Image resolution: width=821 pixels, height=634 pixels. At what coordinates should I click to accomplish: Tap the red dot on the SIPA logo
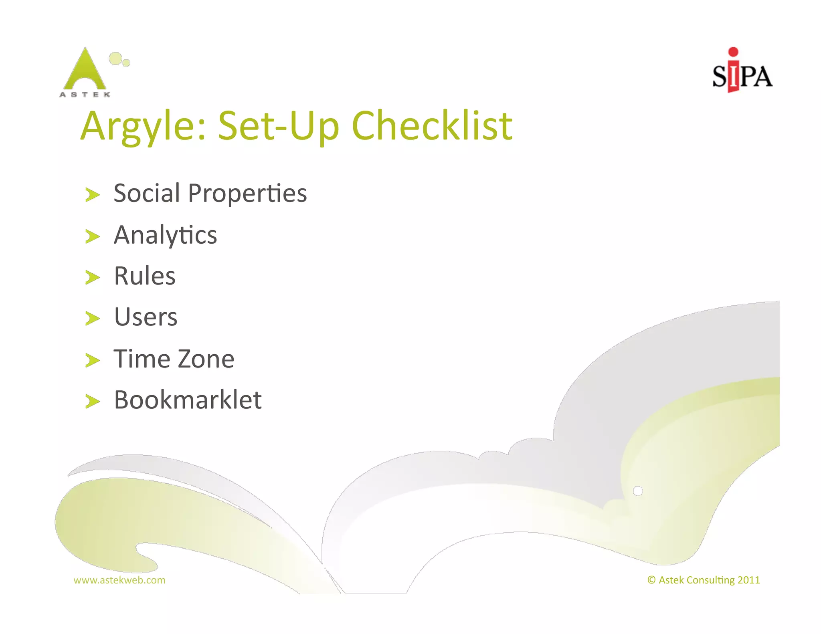[733, 51]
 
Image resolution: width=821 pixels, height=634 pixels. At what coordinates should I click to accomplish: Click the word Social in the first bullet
[147, 193]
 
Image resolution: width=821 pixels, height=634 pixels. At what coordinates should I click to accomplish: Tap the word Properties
[247, 194]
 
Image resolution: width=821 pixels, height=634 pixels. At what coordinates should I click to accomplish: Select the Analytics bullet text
[165, 235]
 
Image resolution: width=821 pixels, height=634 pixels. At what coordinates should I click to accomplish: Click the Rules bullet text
[145, 276]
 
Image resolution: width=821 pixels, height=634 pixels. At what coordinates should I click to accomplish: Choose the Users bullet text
[146, 317]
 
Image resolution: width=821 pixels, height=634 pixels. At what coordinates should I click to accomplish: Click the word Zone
[206, 359]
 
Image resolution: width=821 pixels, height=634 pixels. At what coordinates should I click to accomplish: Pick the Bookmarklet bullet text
[188, 400]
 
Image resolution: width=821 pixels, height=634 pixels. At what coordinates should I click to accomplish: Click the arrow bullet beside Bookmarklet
[92, 401]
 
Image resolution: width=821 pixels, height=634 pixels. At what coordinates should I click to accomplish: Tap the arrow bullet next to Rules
[92, 277]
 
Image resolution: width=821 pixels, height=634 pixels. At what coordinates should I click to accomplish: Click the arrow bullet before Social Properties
[92, 195]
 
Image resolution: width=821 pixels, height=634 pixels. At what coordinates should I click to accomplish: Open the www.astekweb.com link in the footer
[119, 580]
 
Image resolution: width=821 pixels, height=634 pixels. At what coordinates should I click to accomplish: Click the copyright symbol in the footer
[651, 580]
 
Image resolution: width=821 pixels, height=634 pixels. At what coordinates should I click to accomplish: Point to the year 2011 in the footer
[748, 580]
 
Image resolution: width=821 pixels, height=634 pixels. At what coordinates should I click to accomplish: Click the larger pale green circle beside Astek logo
[115, 59]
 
